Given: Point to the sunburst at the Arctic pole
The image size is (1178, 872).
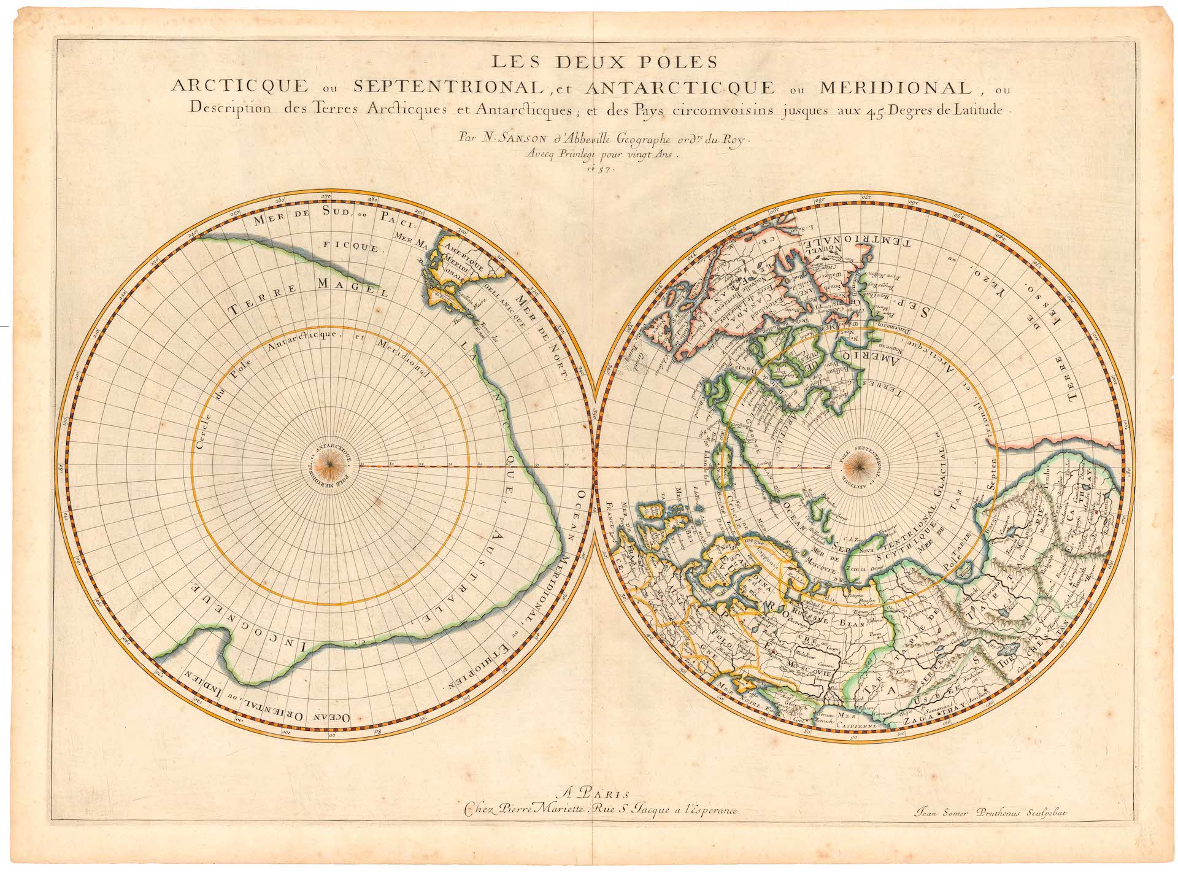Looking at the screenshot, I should coord(853,467).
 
